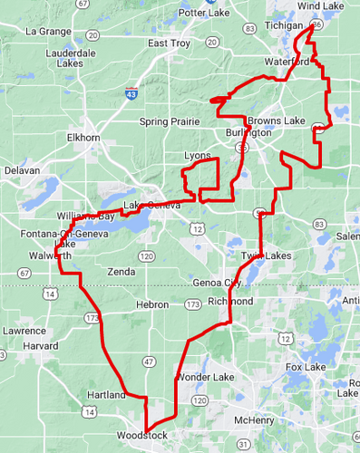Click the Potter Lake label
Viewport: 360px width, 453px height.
205,13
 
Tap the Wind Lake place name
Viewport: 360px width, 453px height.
320,6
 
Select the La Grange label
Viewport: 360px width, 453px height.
48,31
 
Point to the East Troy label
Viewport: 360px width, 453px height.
169,43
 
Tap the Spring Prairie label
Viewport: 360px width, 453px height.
169,121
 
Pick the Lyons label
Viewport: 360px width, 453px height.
197,156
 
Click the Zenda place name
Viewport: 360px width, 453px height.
121,271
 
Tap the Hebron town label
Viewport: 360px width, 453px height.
151,305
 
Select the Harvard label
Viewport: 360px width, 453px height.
41,346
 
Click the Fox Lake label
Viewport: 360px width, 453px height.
305,367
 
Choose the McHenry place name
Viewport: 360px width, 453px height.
254,420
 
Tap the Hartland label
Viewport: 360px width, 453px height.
106,396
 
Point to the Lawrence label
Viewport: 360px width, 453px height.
24,331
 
